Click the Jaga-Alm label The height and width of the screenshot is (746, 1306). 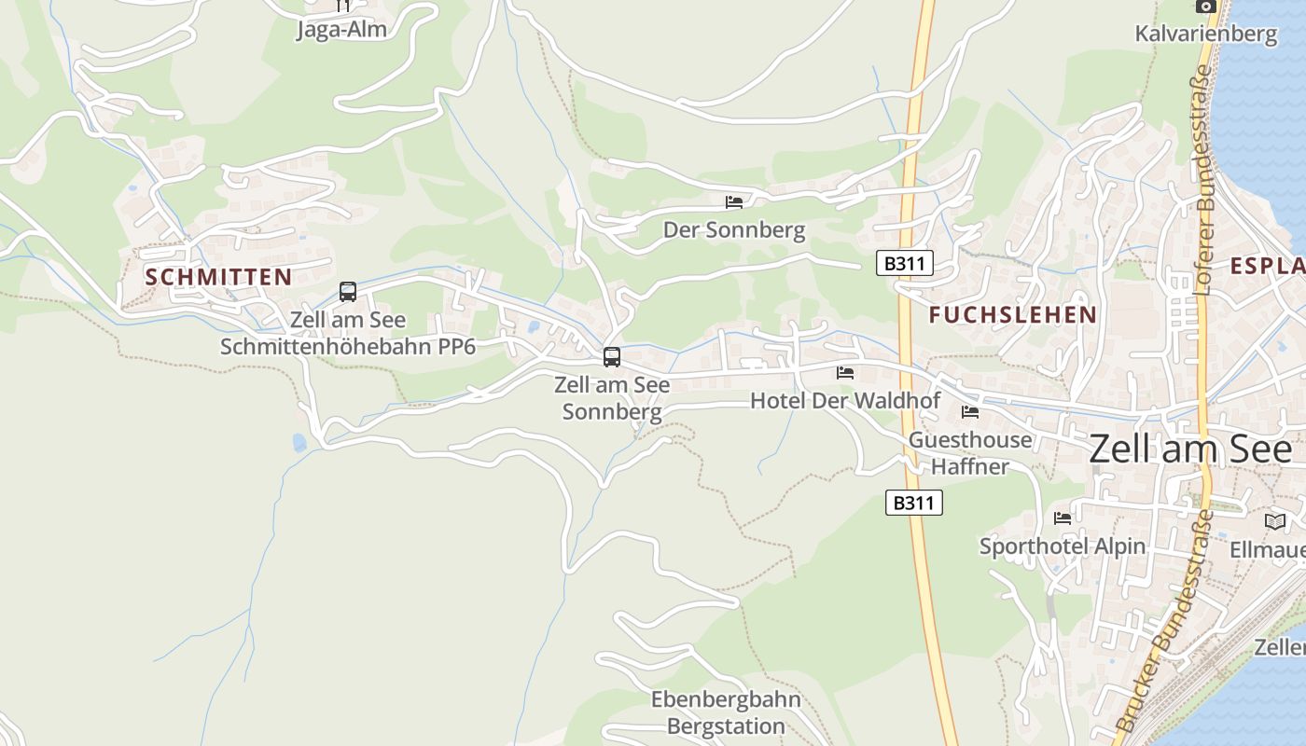[x=341, y=30]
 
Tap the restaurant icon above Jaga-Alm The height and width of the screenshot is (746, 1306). [x=342, y=5]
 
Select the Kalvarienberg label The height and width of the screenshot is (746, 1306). [x=1205, y=35]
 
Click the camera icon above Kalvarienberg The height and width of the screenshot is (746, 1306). [x=1206, y=6]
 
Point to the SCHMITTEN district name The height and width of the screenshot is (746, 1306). [x=218, y=277]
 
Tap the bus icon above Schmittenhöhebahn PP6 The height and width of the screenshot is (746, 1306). [x=348, y=292]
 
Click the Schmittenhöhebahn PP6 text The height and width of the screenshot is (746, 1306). [x=348, y=348]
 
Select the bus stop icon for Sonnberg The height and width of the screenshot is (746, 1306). [x=612, y=356]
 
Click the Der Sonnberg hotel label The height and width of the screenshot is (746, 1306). [x=734, y=230]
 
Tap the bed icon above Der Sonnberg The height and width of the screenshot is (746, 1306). [x=734, y=201]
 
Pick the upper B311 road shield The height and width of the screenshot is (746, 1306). [x=905, y=263]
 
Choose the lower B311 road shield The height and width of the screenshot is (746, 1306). [x=914, y=504]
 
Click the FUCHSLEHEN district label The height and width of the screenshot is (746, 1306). [x=1013, y=315]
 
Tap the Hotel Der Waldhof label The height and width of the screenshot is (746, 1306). [x=844, y=401]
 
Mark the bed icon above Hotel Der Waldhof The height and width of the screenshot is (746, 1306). [x=845, y=373]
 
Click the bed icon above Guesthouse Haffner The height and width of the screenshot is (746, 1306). [x=970, y=411]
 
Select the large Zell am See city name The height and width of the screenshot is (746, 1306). [x=1191, y=449]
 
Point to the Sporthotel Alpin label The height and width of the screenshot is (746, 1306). [x=1063, y=546]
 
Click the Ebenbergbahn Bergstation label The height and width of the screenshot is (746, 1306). [x=726, y=712]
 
